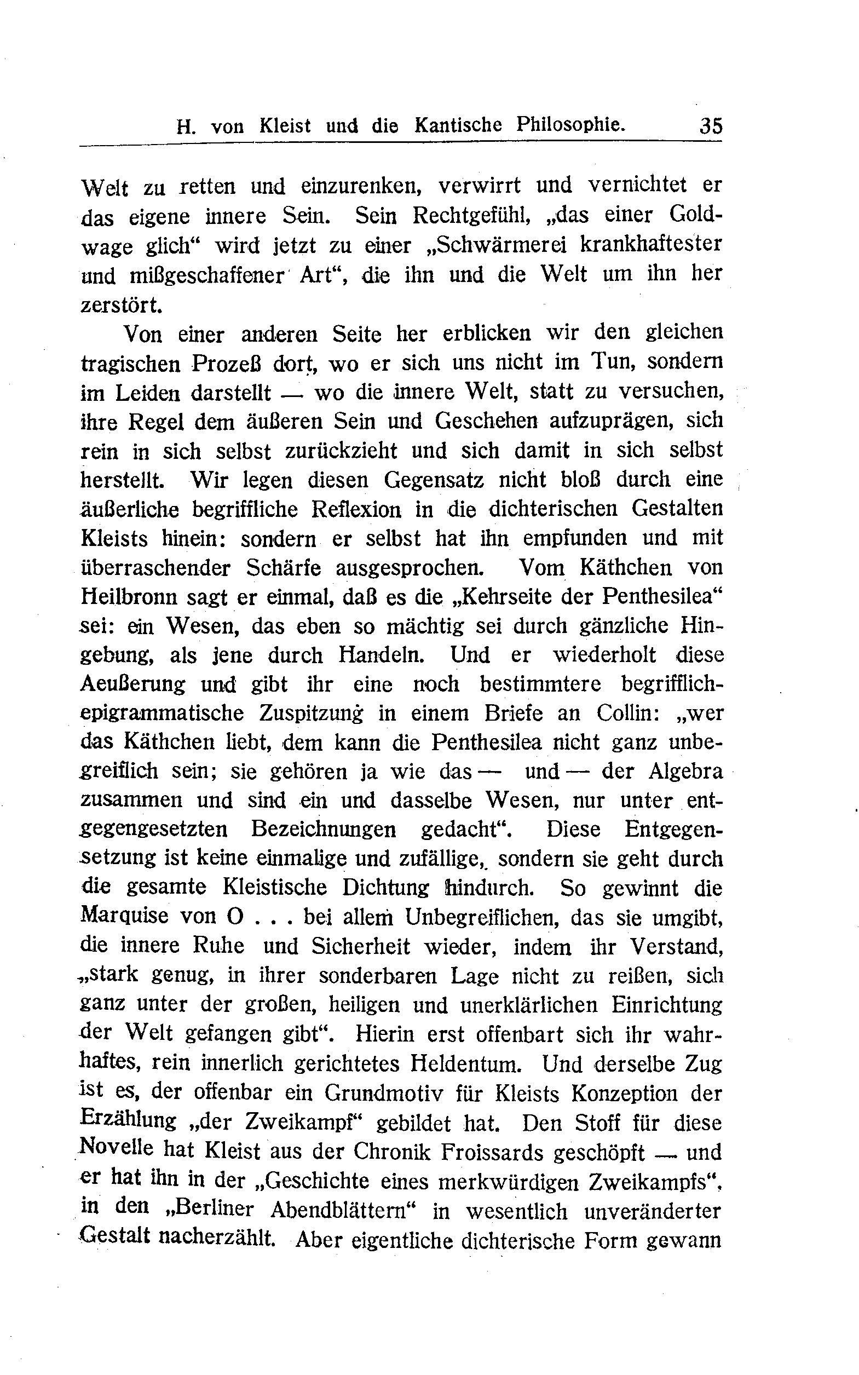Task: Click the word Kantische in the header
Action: pos(458,125)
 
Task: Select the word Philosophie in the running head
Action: pos(570,125)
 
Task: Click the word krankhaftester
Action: pos(651,245)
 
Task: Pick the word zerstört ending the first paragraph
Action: pos(121,305)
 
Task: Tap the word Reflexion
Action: pos(356,509)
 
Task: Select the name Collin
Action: pos(627,713)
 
